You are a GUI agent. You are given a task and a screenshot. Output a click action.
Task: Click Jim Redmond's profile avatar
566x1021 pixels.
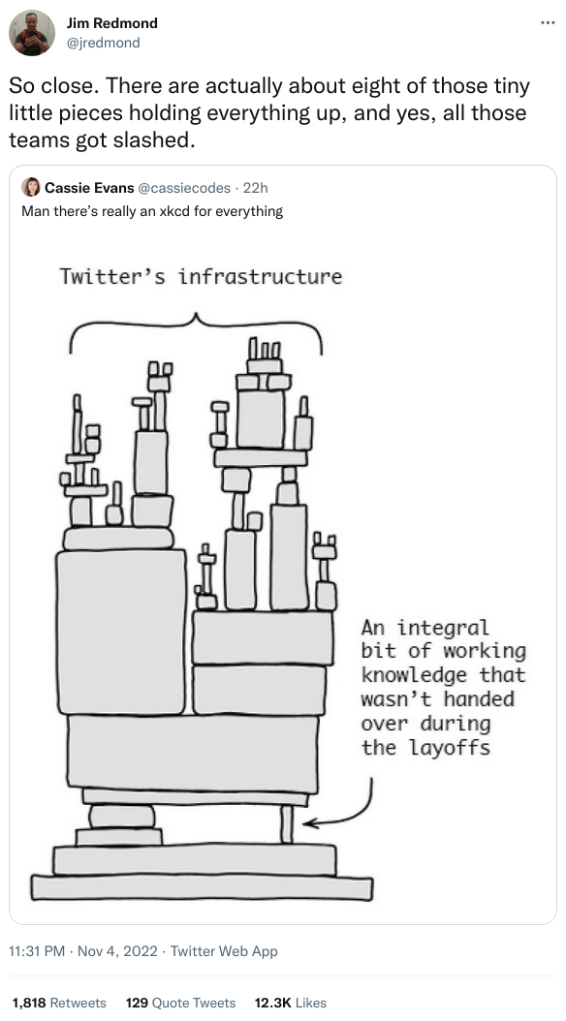[31, 33]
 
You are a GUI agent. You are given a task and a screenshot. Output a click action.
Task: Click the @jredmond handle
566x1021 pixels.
[103, 43]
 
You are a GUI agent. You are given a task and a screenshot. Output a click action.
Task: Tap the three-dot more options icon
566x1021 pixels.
[548, 23]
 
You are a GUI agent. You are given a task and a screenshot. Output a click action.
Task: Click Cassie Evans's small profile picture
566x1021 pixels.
[31, 188]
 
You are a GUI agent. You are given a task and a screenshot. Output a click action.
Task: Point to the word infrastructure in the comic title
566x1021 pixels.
[260, 277]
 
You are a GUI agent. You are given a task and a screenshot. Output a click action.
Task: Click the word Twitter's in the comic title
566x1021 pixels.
[113, 277]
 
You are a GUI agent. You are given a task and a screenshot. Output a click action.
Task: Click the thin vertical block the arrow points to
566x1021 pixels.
[287, 823]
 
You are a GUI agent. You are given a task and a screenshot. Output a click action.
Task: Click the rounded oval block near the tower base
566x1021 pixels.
[122, 816]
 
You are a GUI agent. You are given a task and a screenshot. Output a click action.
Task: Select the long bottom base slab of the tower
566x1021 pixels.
[202, 887]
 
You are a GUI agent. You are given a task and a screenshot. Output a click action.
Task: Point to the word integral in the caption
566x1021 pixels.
[443, 628]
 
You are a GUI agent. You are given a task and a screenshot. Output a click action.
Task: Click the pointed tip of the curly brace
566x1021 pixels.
[196, 315]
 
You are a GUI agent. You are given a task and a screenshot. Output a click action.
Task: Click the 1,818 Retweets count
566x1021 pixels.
[58, 1003]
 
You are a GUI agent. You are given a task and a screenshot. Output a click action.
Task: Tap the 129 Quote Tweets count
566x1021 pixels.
[180, 1003]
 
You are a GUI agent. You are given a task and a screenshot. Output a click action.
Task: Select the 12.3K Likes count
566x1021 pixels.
[291, 1003]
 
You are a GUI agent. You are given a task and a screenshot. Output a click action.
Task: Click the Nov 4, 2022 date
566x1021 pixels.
[117, 951]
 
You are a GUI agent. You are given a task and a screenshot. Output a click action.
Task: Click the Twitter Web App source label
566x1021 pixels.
[224, 951]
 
